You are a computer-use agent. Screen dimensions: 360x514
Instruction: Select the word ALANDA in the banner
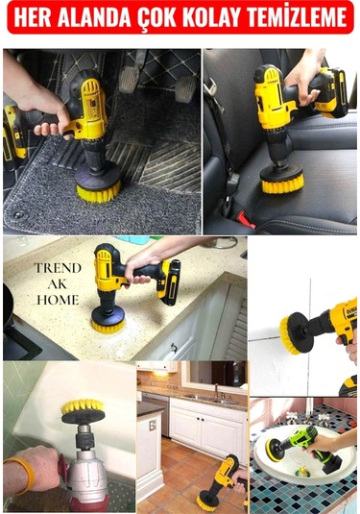[x=94, y=17]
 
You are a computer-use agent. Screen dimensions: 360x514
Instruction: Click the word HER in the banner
[x=32, y=17]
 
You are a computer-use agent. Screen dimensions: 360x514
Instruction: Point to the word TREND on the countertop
[x=58, y=268]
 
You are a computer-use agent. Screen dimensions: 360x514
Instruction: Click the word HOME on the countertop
[x=58, y=300]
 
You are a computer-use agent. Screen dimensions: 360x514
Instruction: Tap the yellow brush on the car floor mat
[x=98, y=193]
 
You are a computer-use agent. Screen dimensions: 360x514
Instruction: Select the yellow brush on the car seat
[x=282, y=184]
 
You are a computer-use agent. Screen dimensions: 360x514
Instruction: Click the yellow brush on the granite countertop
[x=108, y=326]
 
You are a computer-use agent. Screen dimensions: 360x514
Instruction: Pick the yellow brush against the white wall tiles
[x=287, y=334]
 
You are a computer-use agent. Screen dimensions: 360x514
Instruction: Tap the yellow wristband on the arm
[x=24, y=476]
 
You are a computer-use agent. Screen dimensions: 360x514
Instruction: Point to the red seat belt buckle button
[x=246, y=219]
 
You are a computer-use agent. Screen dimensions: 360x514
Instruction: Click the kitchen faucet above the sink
[x=217, y=391]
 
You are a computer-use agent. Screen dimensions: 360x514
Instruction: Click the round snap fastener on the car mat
[x=18, y=214]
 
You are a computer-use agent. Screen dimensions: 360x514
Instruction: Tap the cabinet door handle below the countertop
[x=174, y=348]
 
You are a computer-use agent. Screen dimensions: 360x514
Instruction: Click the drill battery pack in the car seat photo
[x=332, y=92]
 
